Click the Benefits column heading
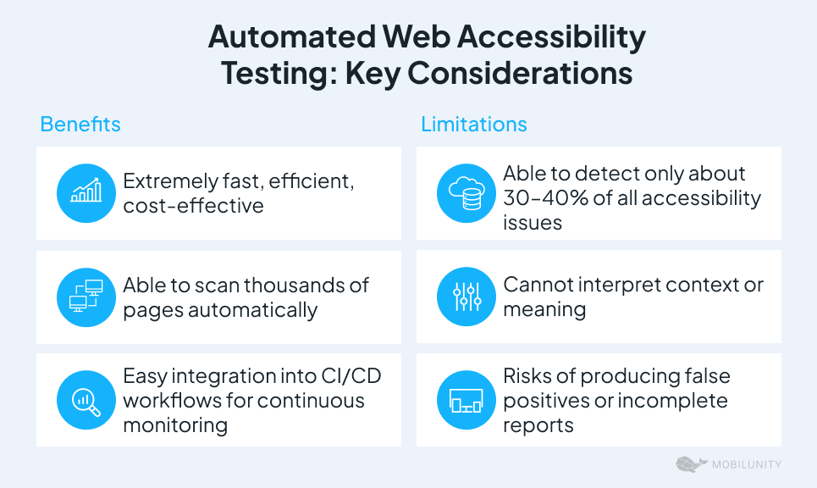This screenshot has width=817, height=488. pyautogui.click(x=80, y=124)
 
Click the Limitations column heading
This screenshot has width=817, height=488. pyautogui.click(x=473, y=124)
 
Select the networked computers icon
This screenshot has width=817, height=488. pyautogui.click(x=86, y=297)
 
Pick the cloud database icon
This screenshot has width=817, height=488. pyautogui.click(x=466, y=193)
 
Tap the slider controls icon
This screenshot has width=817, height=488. pyautogui.click(x=466, y=297)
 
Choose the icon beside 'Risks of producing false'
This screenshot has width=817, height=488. pyautogui.click(x=466, y=400)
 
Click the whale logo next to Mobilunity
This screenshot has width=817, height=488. pyautogui.click(x=692, y=464)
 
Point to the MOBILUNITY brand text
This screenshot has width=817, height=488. pyautogui.click(x=747, y=464)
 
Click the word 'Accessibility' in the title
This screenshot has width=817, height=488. pyautogui.click(x=551, y=37)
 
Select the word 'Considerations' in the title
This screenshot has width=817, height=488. pyautogui.click(x=520, y=73)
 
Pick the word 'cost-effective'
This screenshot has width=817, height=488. pyautogui.click(x=193, y=205)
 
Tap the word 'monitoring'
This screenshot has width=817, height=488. pyautogui.click(x=175, y=425)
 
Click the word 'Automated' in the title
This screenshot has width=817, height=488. pyautogui.click(x=292, y=37)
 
